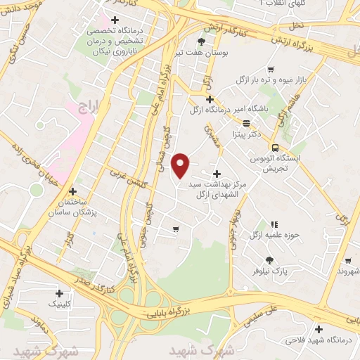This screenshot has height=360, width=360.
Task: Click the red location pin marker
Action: tap(181, 166)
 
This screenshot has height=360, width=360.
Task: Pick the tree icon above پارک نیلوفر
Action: tap(270, 259)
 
